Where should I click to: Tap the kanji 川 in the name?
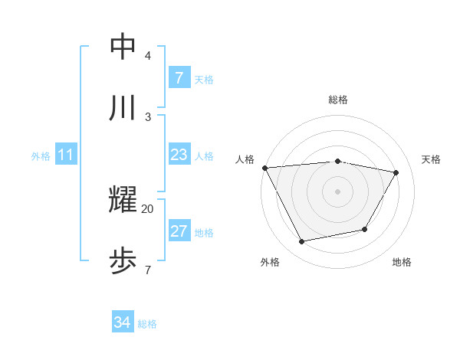(x=123, y=108)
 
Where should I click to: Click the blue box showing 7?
(x=179, y=78)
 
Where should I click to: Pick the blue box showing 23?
(x=179, y=155)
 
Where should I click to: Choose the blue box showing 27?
(x=179, y=231)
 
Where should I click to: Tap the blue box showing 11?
(x=65, y=155)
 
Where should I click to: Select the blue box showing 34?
(x=122, y=323)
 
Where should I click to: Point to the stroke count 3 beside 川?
(x=147, y=116)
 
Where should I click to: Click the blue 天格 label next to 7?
(x=204, y=79)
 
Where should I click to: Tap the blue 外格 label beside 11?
(x=41, y=156)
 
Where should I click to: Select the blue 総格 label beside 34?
(x=147, y=324)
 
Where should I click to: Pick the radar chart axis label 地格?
(x=402, y=262)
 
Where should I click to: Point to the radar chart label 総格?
(x=337, y=100)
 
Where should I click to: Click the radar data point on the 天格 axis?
(x=396, y=173)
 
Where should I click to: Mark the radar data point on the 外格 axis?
(x=302, y=242)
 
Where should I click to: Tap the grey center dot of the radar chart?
(x=337, y=191)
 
